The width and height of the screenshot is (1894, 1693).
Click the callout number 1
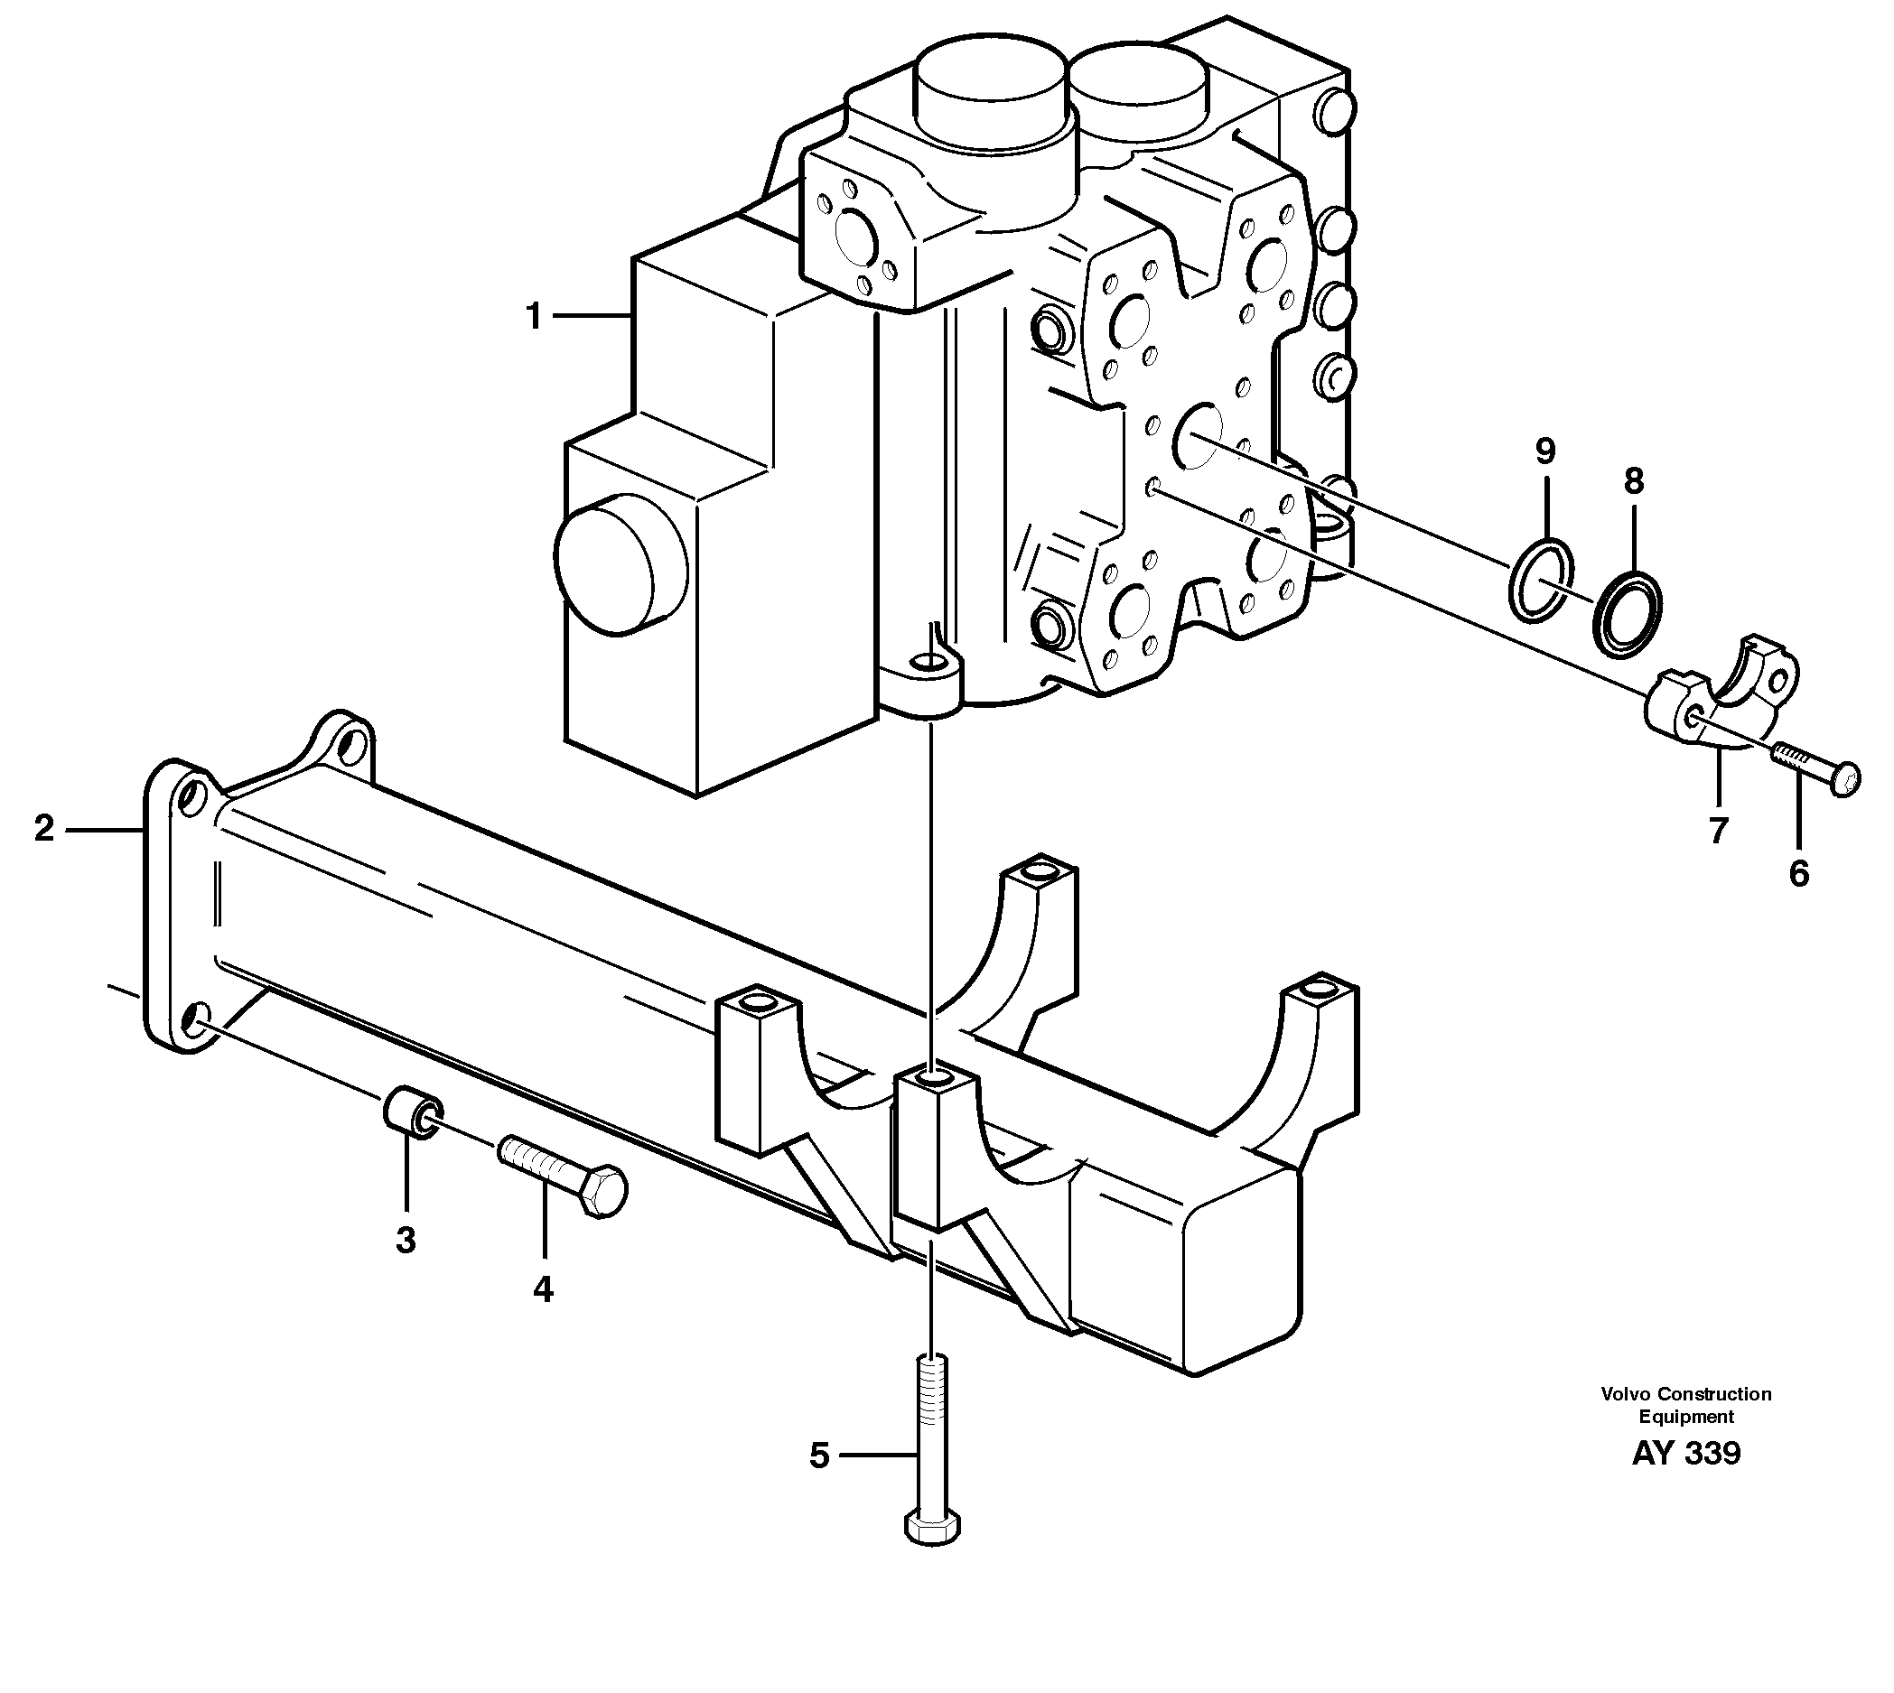(x=533, y=316)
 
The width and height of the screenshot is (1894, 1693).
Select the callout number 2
(x=44, y=828)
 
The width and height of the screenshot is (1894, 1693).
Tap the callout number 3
(x=406, y=1240)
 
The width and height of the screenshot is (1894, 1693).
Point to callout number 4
(x=543, y=1289)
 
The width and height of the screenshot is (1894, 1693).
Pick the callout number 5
(x=818, y=1456)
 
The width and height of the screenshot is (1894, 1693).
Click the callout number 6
(x=1799, y=873)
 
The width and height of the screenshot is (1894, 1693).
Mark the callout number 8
(x=1634, y=481)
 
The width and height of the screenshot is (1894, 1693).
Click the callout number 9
(x=1545, y=452)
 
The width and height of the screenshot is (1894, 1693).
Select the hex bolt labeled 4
(x=564, y=1175)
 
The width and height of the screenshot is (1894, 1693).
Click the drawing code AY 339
(x=1684, y=1453)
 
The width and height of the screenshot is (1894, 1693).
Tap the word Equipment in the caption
(x=1685, y=1417)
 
